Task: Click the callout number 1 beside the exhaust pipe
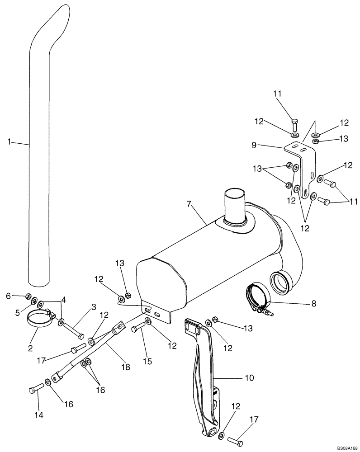(9, 142)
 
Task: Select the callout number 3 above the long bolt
(94, 307)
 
